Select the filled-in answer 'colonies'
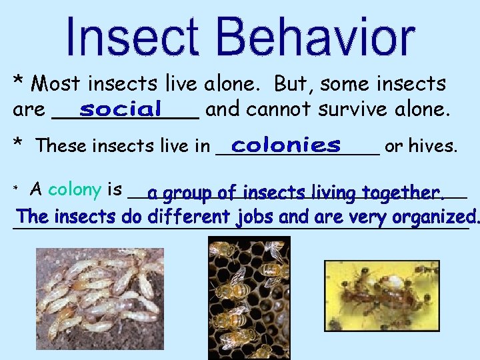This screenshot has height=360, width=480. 287,145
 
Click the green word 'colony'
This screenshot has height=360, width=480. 75,189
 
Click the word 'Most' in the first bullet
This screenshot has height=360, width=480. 57,84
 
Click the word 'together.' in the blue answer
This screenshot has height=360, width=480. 404,193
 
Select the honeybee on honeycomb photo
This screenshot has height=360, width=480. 249,297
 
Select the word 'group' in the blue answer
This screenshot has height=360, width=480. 188,193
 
